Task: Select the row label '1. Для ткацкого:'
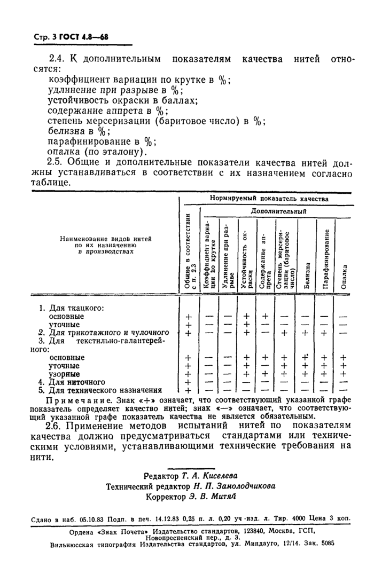click(71, 308)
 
